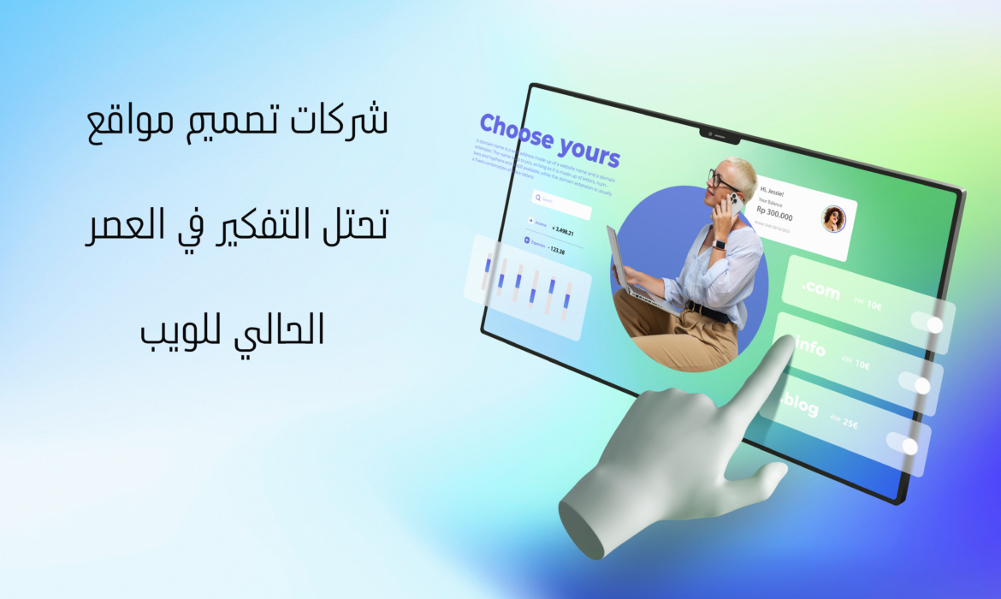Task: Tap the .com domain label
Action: click(x=820, y=291)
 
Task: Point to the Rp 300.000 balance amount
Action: click(x=774, y=216)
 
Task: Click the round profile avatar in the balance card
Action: click(x=832, y=219)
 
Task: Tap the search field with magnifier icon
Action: click(x=560, y=203)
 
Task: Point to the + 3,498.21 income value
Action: click(x=563, y=231)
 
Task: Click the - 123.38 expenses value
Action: click(x=558, y=251)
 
